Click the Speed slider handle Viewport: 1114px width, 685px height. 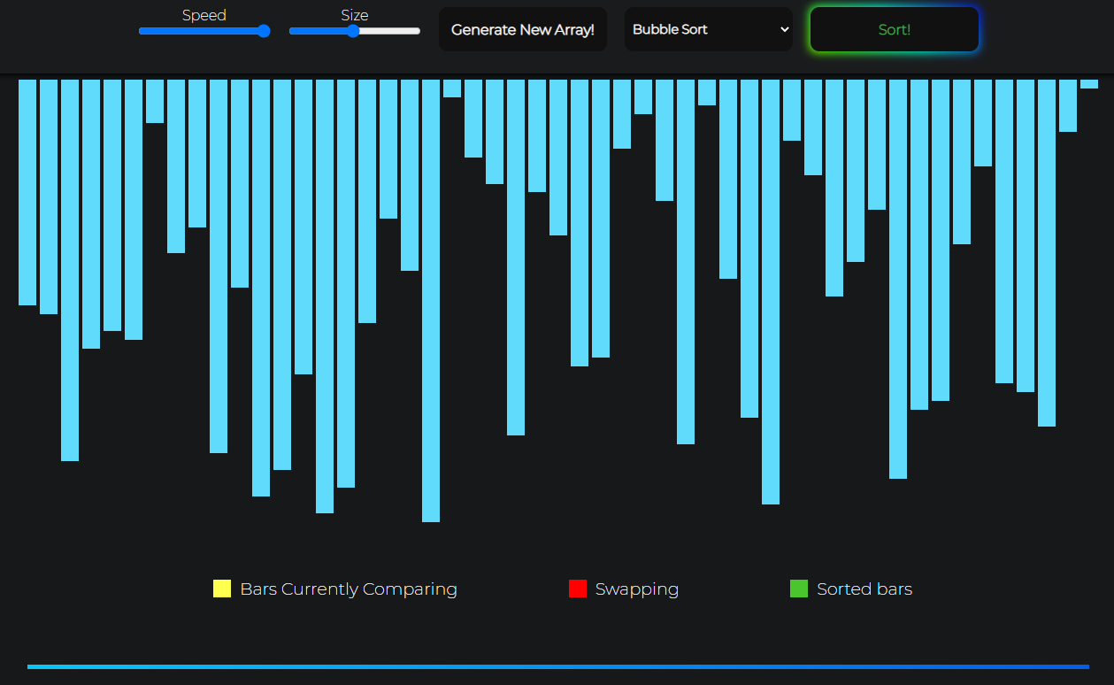coord(264,31)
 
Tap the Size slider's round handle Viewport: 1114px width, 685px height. coord(353,31)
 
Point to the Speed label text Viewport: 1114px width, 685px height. coord(204,15)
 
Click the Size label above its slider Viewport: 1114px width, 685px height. coord(355,15)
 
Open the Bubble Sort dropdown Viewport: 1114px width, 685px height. coord(708,29)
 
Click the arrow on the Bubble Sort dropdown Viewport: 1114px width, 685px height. coord(784,29)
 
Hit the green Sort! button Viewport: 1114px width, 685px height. coord(894,29)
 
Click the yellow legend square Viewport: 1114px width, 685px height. coord(222,589)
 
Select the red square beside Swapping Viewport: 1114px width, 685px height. coord(578,589)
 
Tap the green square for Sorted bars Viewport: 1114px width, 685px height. coord(799,589)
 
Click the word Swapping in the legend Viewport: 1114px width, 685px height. coord(637,589)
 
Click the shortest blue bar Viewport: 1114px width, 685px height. coord(1089,84)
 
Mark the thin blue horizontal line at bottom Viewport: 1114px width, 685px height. coord(557,666)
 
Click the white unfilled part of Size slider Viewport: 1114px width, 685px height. coord(389,31)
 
